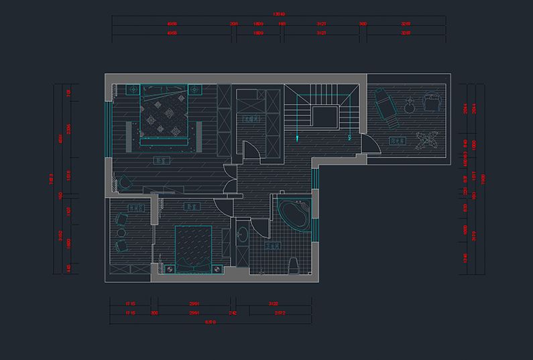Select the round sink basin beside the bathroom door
click(x=241, y=235)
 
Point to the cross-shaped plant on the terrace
click(x=427, y=141)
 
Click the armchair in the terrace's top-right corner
click(x=432, y=101)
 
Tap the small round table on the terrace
click(x=408, y=106)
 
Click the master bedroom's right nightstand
click(x=195, y=88)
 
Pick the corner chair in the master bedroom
click(x=125, y=181)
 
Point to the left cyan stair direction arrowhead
click(x=298, y=138)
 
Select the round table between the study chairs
click(x=121, y=232)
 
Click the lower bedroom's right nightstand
click(x=219, y=269)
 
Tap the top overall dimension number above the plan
click(x=280, y=13)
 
